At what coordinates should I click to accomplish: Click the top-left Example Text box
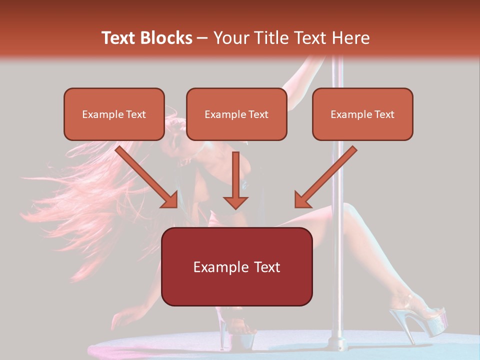[x=114, y=114]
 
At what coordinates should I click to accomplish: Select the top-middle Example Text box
[x=236, y=114]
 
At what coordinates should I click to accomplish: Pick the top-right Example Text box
[x=362, y=114]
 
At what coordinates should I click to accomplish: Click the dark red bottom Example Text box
[x=236, y=266]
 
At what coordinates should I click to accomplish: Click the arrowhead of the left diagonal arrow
[x=170, y=199]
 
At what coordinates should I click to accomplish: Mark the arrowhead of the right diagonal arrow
[x=302, y=199]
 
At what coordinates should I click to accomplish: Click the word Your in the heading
[x=229, y=38]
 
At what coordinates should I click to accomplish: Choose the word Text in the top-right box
[x=384, y=114]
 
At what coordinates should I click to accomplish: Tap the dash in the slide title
[x=202, y=38]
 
